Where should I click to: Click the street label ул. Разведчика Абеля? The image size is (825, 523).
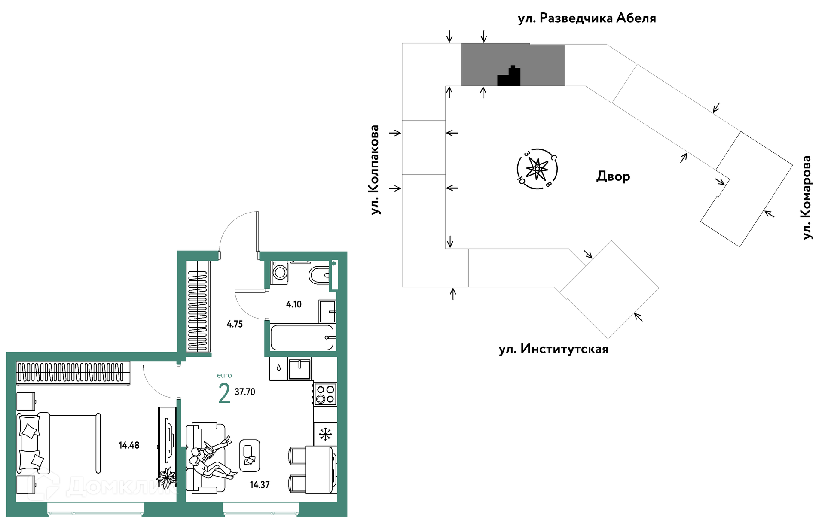tap(587, 18)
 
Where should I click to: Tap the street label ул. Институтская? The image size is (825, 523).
tap(553, 349)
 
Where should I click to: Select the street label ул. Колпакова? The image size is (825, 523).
tap(375, 170)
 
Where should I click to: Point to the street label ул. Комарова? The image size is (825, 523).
tap(807, 197)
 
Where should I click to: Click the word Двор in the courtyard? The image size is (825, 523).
tap(613, 176)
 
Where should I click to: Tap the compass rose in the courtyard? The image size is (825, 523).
tap(537, 169)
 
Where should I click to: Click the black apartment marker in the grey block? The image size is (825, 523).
tap(509, 76)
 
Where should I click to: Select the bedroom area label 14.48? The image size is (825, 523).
tap(129, 445)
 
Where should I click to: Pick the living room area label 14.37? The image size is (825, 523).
tap(260, 485)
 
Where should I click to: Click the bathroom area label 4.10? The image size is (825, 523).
tap(294, 304)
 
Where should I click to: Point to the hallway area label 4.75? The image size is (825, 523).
tap(235, 324)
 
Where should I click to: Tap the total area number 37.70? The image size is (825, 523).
tap(245, 392)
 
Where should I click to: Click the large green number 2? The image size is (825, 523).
tap(224, 393)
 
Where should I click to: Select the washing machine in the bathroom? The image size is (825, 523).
tap(279, 272)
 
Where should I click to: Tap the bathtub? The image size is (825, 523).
tap(302, 338)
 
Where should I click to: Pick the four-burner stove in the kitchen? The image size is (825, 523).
tap(325, 395)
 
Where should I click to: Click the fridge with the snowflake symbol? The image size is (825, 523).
tap(325, 434)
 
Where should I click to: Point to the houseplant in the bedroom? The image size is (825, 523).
tap(166, 477)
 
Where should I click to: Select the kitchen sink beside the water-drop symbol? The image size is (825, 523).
tap(300, 369)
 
